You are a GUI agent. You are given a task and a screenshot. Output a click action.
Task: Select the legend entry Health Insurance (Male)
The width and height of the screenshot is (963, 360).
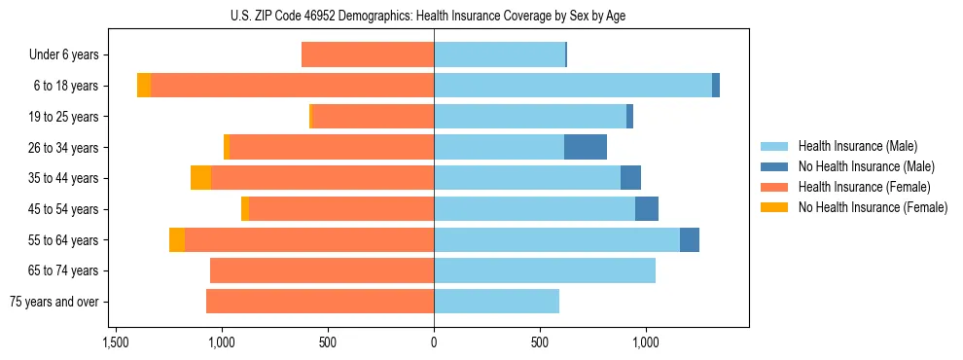point(857,146)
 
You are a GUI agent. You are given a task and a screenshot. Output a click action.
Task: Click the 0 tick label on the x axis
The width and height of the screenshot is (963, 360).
point(434,342)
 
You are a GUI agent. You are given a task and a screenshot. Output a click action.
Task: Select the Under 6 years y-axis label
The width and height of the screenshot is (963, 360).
point(64,55)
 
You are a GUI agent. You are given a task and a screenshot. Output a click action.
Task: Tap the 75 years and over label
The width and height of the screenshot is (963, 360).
point(53,302)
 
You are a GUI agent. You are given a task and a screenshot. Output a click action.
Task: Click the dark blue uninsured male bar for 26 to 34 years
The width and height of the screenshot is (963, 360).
point(586,147)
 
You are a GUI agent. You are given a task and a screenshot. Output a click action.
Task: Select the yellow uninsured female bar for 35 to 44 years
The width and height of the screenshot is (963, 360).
point(200,178)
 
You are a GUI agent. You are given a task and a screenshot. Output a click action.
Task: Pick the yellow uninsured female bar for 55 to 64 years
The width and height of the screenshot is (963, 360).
point(177,240)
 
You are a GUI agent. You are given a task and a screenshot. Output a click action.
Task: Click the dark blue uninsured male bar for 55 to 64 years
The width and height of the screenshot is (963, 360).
point(690,240)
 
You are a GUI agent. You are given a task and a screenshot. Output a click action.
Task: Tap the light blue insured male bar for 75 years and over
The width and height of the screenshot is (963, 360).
point(496,302)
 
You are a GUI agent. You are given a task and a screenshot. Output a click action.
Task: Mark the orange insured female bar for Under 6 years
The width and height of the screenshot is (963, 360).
point(368,55)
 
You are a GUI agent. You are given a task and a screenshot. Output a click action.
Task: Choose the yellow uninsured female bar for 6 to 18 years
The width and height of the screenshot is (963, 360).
point(144,86)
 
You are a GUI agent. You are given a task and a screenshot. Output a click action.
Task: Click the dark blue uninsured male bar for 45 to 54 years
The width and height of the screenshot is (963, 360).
point(647,209)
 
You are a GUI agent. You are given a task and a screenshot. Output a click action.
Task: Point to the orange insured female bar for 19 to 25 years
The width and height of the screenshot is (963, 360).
point(373,117)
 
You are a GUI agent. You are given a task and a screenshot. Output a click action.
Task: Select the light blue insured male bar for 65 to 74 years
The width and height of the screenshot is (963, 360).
point(545,270)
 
